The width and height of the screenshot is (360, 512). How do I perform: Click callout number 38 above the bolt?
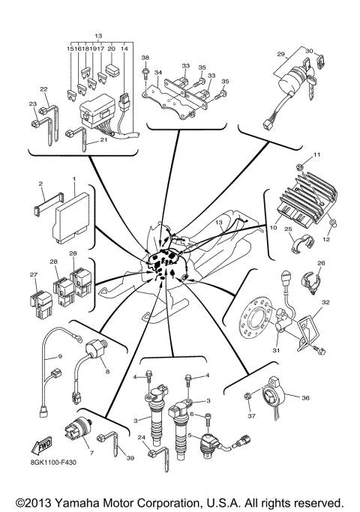click(145, 58)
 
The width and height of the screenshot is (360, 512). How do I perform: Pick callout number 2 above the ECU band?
click(40, 183)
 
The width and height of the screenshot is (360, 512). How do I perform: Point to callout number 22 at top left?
click(43, 88)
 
